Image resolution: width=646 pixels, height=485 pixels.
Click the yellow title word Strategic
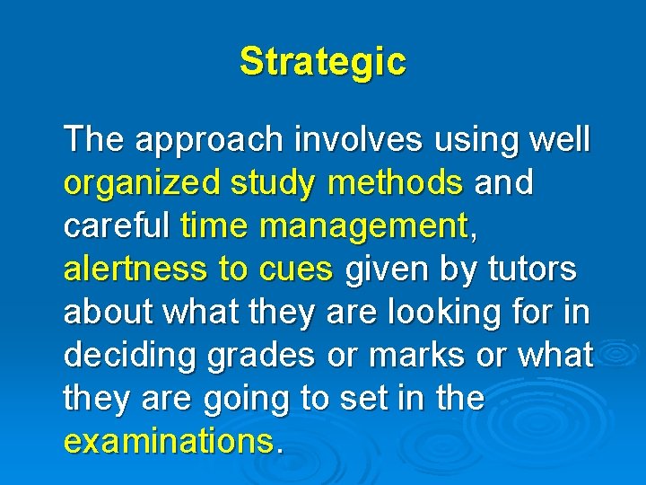(322, 62)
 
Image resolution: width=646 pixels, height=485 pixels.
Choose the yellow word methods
(396, 183)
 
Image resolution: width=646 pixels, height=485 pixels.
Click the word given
(386, 269)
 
